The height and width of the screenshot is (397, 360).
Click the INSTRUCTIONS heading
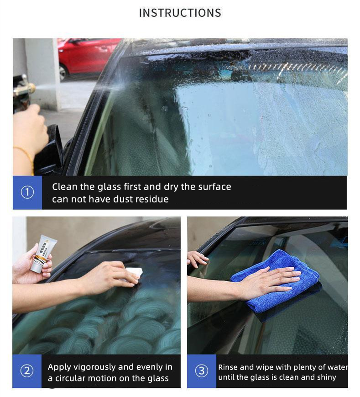(x=180, y=13)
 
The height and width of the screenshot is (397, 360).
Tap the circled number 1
(x=27, y=192)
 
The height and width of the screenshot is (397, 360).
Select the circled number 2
(x=27, y=371)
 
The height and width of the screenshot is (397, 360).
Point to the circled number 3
(x=202, y=371)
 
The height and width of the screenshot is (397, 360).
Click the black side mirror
(x=49, y=149)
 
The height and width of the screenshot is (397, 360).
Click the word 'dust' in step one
(x=123, y=199)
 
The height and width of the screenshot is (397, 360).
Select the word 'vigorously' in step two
(x=93, y=367)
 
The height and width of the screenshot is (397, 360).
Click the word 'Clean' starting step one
(x=64, y=186)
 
